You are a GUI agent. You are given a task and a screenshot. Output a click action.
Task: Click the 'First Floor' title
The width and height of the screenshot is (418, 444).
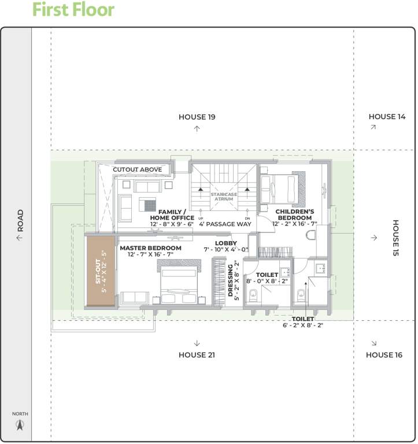pos(73,10)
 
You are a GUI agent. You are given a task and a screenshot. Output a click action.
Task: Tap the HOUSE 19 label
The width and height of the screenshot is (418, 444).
pos(197,117)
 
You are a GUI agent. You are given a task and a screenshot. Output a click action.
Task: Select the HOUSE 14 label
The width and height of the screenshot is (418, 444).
pos(387,117)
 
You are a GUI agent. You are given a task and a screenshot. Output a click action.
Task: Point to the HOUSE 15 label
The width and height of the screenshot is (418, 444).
pos(396,238)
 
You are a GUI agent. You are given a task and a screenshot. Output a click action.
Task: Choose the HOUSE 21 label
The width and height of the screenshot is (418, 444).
pos(197,355)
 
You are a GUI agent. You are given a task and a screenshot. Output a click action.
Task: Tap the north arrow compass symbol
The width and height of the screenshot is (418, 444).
pos(20,425)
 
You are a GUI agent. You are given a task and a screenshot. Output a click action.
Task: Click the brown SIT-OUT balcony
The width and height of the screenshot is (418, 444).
pos(99,271)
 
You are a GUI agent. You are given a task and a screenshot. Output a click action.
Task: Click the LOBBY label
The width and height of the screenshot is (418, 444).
pos(225,243)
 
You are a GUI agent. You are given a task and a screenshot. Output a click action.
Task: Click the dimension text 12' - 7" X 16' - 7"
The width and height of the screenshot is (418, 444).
pos(150,254)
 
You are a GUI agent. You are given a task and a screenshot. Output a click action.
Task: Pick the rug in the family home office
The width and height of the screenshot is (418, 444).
pos(150,205)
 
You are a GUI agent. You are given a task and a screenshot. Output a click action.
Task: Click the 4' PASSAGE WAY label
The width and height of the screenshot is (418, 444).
pos(225,223)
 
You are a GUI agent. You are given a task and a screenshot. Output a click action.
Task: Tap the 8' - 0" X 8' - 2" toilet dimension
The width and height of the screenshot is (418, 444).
pos(267,282)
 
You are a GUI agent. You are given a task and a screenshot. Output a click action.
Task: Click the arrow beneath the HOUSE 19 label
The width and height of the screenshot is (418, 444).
pos(197,128)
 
